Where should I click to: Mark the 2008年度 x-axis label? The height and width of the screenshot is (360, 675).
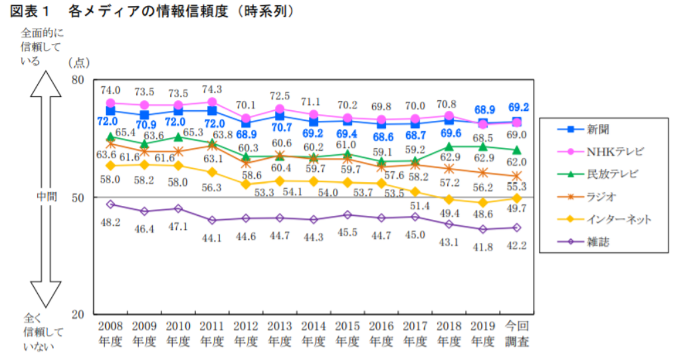coord(110,333)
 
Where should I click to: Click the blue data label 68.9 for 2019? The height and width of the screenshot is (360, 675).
coord(483,108)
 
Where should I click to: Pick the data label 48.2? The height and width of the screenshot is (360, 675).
coord(110,222)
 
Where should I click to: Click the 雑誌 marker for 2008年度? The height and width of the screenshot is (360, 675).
coord(110,204)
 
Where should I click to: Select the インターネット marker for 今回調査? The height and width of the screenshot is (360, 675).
coord(516,198)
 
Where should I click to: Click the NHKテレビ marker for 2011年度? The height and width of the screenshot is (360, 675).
coord(212,102)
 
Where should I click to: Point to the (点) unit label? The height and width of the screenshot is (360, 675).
coord(78,62)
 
